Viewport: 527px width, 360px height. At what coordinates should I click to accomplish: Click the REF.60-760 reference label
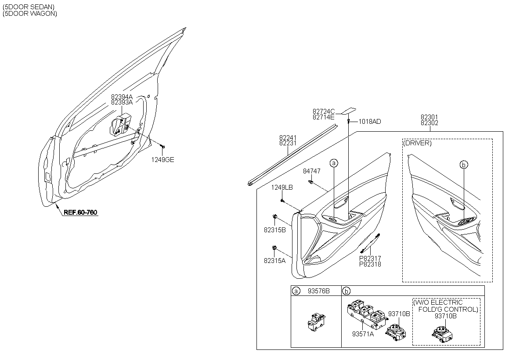tap(80, 212)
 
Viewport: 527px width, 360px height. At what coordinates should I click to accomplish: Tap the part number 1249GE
tap(162, 160)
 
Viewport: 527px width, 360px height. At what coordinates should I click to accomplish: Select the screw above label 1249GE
tap(162, 147)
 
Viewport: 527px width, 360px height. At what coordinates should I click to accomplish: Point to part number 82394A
tap(122, 97)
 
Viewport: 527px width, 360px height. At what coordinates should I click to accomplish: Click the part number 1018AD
tap(370, 122)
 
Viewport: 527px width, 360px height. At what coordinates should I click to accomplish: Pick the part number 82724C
tap(324, 111)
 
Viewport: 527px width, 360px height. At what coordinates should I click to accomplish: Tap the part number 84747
tap(312, 171)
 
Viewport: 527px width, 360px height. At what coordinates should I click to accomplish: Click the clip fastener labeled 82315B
tap(274, 216)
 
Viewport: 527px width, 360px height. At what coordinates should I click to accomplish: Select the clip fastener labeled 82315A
tap(274, 248)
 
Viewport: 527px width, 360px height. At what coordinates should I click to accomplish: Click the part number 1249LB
tap(282, 187)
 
